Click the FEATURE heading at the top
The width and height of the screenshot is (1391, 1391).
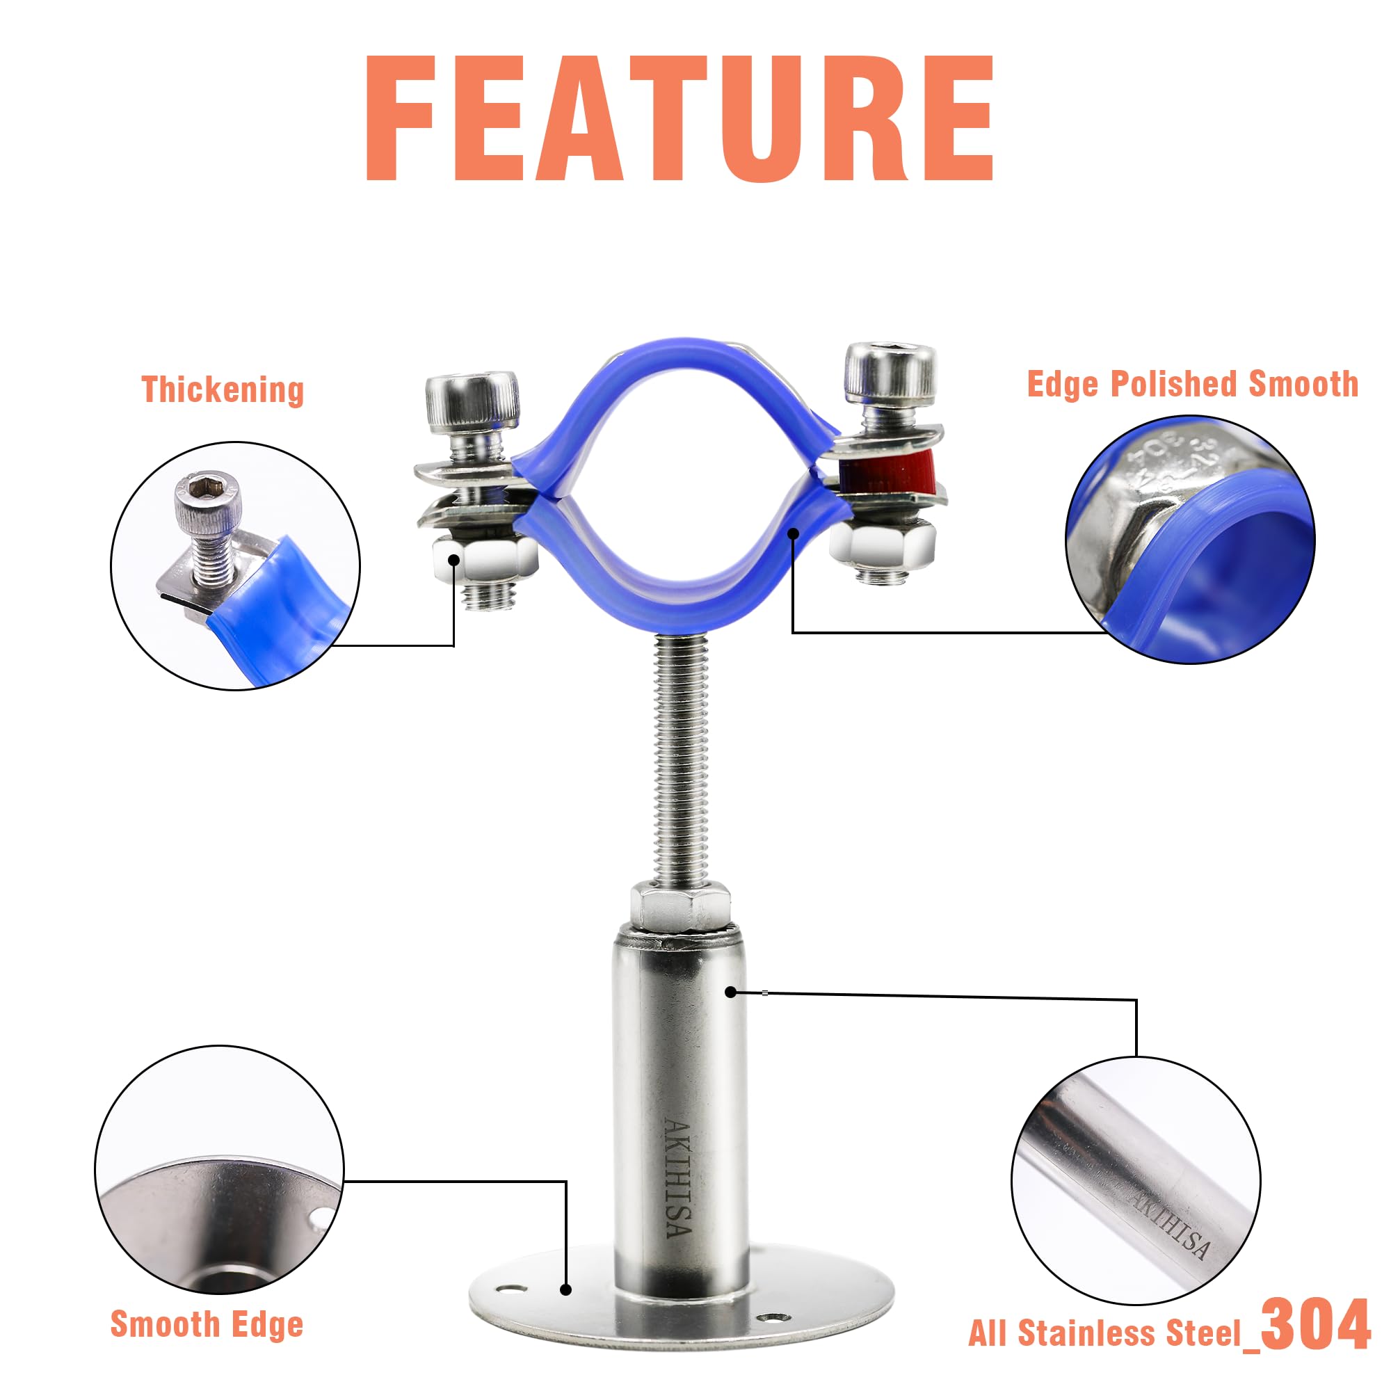(680, 118)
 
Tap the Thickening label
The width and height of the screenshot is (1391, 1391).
(223, 389)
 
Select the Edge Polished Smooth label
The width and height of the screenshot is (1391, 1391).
(1192, 384)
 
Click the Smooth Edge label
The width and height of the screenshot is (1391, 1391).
(207, 1324)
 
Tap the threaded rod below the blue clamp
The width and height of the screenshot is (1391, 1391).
(680, 756)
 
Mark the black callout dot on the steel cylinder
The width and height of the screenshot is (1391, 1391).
(731, 992)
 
